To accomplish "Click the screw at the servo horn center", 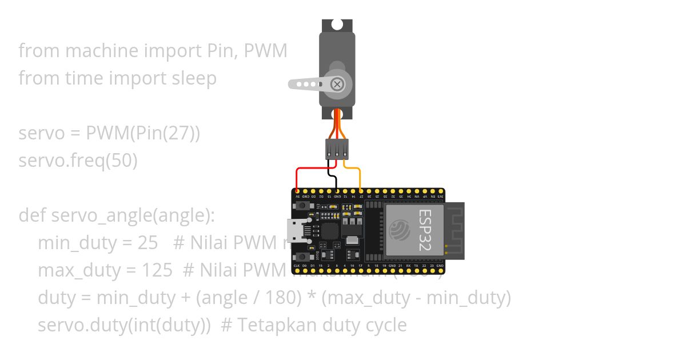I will click(x=338, y=85).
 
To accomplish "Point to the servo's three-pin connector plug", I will click(x=337, y=149).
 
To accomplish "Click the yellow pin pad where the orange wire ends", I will click(x=360, y=190).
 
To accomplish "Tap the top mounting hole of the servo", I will click(x=337, y=25).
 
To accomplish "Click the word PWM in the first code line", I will click(x=265, y=51).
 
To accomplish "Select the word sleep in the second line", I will click(x=194, y=78).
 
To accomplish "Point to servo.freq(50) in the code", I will click(x=78, y=161).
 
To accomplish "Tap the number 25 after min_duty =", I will click(x=147, y=243).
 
